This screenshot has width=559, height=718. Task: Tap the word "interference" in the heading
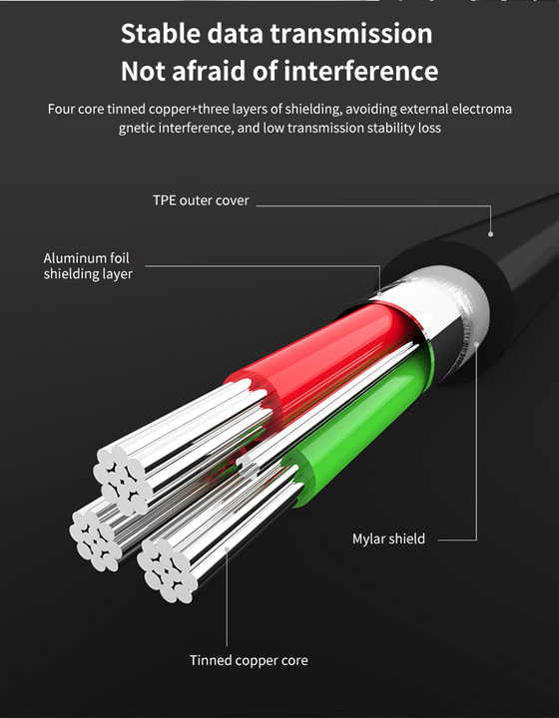[360, 71]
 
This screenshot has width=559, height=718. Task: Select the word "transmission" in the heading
[351, 34]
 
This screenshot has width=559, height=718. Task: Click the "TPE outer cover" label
[201, 200]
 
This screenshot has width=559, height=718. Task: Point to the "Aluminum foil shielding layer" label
[88, 266]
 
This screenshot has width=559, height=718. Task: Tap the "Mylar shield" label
[388, 538]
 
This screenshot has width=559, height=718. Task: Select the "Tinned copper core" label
[249, 660]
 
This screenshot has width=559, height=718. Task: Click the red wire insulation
[320, 353]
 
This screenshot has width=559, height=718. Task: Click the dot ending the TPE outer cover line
[491, 234]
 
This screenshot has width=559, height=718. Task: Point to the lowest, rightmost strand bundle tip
[167, 571]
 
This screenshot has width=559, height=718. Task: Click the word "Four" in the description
[61, 110]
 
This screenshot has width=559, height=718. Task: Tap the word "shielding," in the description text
[313, 110]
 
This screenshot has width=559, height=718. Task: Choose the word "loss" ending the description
[429, 128]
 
